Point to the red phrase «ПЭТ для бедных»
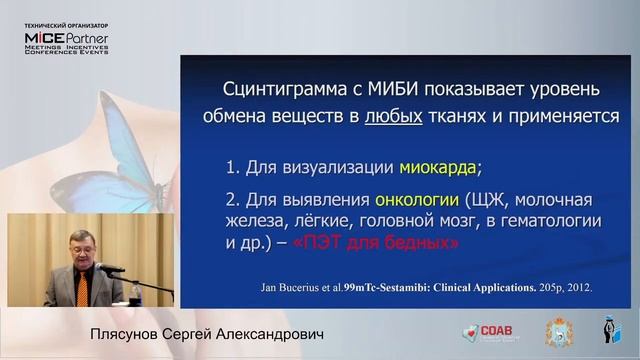(x=394, y=243)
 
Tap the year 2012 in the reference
(x=577, y=287)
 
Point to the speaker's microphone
(x=110, y=268)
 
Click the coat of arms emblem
(x=557, y=332)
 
